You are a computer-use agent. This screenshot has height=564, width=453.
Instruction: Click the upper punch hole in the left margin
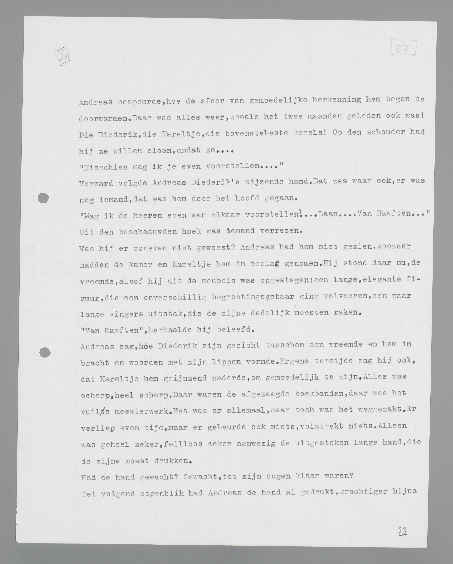coord(43,198)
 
